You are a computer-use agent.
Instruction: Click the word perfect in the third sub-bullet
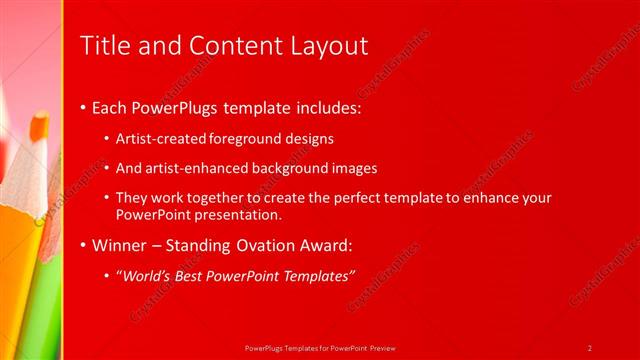click(372, 198)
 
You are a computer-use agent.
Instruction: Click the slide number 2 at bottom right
click(590, 347)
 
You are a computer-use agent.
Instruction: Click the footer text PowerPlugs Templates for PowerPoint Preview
click(319, 347)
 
